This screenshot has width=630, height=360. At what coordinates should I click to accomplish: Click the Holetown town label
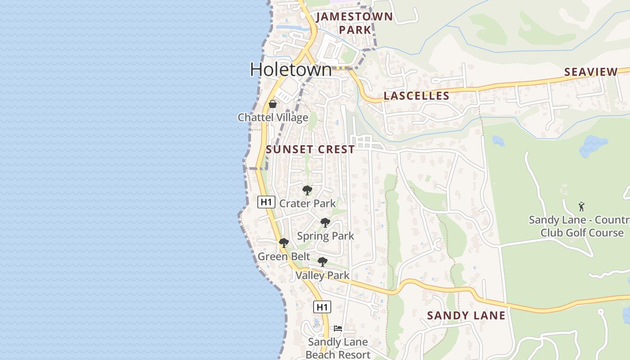pos(291,69)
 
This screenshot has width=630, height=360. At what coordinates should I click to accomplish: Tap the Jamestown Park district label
pos(355,23)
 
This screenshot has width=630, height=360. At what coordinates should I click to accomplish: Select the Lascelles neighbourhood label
pos(416,96)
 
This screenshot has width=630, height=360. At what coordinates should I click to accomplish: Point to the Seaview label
pos(591,72)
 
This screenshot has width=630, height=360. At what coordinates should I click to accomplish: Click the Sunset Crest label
pos(310,150)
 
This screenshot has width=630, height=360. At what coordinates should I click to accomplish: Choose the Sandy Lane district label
pos(466,315)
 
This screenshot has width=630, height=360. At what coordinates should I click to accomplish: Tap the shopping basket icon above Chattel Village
pos(273,104)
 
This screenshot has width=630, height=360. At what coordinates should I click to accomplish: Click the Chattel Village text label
pos(273,117)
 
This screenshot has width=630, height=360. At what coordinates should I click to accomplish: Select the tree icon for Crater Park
pos(307,190)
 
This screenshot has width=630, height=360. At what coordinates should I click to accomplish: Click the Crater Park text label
pos(307,203)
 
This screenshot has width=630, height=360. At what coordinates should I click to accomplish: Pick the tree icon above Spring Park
pos(325,223)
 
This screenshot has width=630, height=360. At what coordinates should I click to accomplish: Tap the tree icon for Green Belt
pos(283,243)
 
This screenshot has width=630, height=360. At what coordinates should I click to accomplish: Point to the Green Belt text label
pos(283,256)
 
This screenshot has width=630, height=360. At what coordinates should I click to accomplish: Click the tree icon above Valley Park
pos(322,262)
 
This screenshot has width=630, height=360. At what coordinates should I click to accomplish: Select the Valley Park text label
pos(322,275)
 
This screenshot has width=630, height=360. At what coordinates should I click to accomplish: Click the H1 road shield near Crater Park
pos(266,202)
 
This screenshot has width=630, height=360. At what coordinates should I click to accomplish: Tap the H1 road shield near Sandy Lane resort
pos(322,307)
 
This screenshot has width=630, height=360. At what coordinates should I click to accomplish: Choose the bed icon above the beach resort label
pos(337,328)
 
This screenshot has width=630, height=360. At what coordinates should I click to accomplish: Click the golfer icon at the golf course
pos(581,207)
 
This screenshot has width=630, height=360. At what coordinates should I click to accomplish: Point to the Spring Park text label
pos(325,236)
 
